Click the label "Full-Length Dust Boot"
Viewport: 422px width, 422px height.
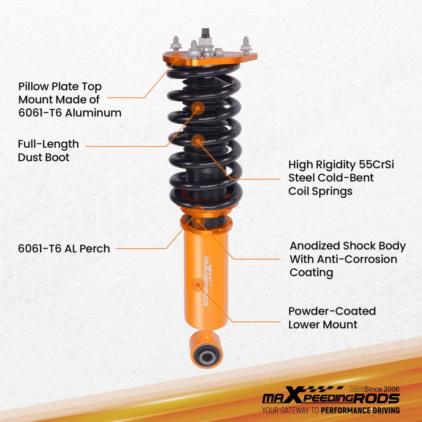click(48, 151)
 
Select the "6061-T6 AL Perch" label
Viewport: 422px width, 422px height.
click(64, 249)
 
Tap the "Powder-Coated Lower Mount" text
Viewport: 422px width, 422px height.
click(332, 318)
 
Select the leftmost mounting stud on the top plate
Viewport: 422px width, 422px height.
click(175, 43)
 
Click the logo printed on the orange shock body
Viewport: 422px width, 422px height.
click(207, 279)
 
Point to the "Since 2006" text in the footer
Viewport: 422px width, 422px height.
click(381, 389)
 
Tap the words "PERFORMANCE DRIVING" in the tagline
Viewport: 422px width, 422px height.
click(360, 410)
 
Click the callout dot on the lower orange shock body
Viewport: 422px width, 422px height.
click(197, 285)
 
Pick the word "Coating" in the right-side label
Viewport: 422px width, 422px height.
click(311, 272)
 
